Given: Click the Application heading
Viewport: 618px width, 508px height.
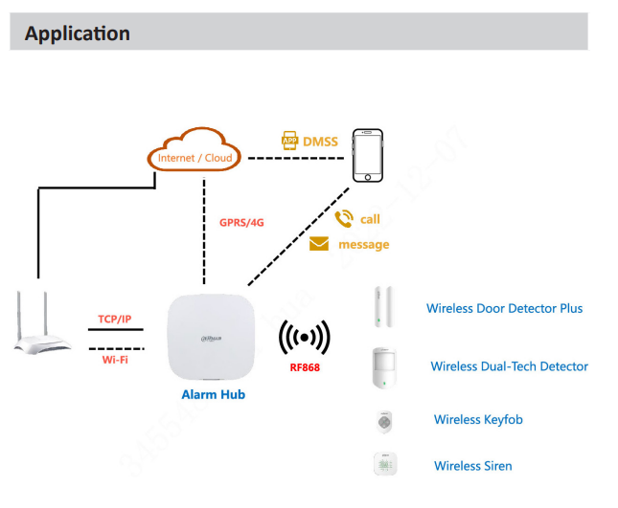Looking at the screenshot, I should (x=78, y=33).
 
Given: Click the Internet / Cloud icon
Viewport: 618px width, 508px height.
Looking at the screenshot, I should (x=195, y=157).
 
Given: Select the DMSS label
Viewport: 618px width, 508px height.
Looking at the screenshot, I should (x=320, y=142).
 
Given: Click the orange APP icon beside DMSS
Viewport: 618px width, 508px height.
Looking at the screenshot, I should (x=289, y=142).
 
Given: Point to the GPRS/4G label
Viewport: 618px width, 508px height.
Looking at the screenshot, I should (x=241, y=222).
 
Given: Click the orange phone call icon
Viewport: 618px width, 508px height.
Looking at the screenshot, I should (x=344, y=219).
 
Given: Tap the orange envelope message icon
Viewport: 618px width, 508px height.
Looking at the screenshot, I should (x=319, y=245).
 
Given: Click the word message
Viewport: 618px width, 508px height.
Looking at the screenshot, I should (x=364, y=245).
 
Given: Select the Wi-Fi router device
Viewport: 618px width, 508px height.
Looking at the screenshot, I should (x=43, y=324).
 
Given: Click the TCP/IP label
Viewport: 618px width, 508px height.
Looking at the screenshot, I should (x=115, y=319).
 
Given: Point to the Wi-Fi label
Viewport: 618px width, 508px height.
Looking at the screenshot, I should (x=115, y=360).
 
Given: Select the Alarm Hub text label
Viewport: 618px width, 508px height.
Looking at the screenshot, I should (x=213, y=394).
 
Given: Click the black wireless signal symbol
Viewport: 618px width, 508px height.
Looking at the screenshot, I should (x=304, y=338).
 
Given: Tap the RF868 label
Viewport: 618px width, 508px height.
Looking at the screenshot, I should (x=304, y=365).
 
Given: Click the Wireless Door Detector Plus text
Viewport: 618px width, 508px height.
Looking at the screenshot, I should (x=504, y=308).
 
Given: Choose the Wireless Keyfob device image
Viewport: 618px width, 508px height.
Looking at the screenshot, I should (x=385, y=421).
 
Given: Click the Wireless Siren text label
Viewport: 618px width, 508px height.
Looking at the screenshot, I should (x=472, y=466).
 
